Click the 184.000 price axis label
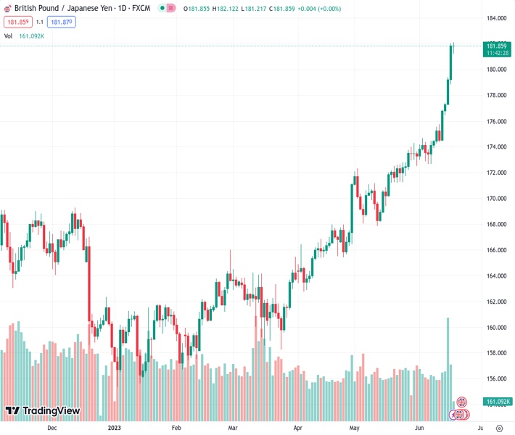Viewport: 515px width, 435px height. tap(496, 18)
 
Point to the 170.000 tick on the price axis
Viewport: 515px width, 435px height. tap(496, 199)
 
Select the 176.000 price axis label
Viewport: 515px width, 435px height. tap(496, 121)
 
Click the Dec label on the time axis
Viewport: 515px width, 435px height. tap(51, 428)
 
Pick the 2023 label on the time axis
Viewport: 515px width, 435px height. tap(114, 428)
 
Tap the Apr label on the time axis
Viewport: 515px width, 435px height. tap(298, 428)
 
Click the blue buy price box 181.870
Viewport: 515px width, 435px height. tap(62, 22)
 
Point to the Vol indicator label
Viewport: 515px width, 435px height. tap(8, 36)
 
